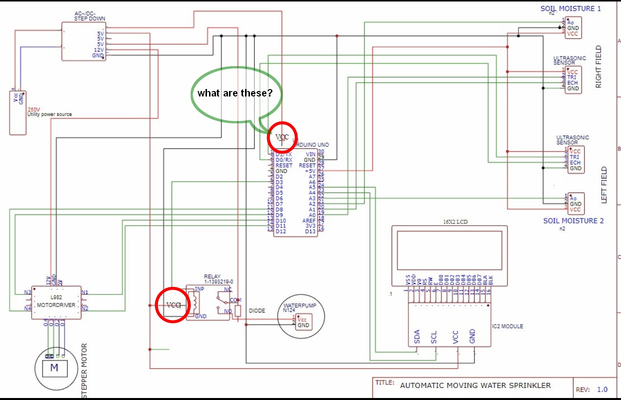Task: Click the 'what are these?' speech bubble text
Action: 234,93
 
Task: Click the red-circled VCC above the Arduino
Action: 282,137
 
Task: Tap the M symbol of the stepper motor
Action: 54,368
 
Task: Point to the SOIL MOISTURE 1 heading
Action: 570,8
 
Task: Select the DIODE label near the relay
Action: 256,310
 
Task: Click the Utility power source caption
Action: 49,114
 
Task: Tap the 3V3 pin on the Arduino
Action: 310,226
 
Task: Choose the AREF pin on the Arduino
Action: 309,220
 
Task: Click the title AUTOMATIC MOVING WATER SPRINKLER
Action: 475,385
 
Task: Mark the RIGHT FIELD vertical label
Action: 599,67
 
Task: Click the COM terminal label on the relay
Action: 235,300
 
